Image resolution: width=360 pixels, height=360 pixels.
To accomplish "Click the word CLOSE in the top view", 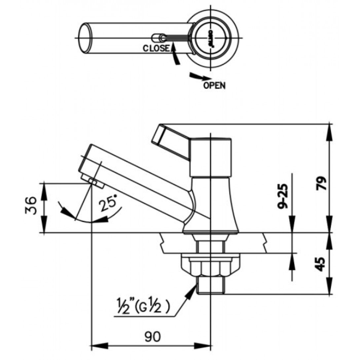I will pos(156,48).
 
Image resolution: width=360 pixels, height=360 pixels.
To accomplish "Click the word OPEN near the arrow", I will pos(214,86).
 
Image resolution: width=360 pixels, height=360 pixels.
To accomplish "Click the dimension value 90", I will pos(152,337).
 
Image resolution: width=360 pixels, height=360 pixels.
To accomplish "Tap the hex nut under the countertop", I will pos(210,266).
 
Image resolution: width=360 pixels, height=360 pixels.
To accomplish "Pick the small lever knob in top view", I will pos(157,37).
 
